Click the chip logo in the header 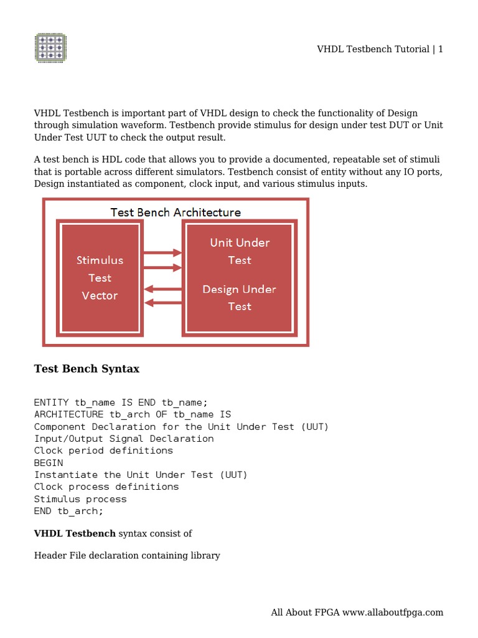click(50, 48)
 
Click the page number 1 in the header click(441, 49)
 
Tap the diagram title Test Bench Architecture click(176, 212)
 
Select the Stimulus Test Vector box click(100, 278)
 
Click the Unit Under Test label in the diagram click(240, 251)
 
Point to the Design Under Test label click(240, 297)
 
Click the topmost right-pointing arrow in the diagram click(162, 253)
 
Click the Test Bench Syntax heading click(87, 369)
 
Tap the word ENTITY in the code click(52, 402)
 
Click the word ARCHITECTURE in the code click(69, 414)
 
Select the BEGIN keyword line click(49, 463)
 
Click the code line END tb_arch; click(69, 511)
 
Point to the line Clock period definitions click(103, 450)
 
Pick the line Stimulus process click(80, 499)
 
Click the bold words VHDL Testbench click(75, 533)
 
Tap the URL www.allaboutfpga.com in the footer click(393, 612)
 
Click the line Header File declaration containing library click(127, 555)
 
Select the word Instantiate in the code click(66, 475)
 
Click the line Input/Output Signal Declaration click(124, 439)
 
